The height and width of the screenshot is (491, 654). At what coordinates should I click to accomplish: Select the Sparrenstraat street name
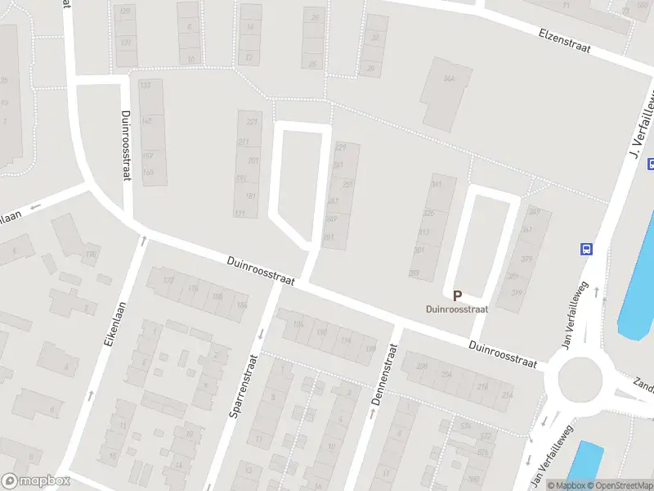(x=244, y=386)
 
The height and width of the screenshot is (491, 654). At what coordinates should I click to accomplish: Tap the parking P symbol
(x=457, y=296)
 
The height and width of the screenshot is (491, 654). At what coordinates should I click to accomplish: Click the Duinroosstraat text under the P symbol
(x=457, y=309)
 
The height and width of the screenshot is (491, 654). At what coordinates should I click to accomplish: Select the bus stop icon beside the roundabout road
(x=586, y=250)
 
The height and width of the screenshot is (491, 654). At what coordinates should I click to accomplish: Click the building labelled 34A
(x=447, y=80)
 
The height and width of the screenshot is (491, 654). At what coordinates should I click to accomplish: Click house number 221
(x=252, y=122)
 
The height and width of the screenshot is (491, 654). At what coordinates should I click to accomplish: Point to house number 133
(x=146, y=86)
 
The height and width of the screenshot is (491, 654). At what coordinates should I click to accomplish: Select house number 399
(x=517, y=292)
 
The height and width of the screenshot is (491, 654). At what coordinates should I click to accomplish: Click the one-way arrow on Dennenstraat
(x=373, y=412)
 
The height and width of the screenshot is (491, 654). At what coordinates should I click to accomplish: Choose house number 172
(x=169, y=281)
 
